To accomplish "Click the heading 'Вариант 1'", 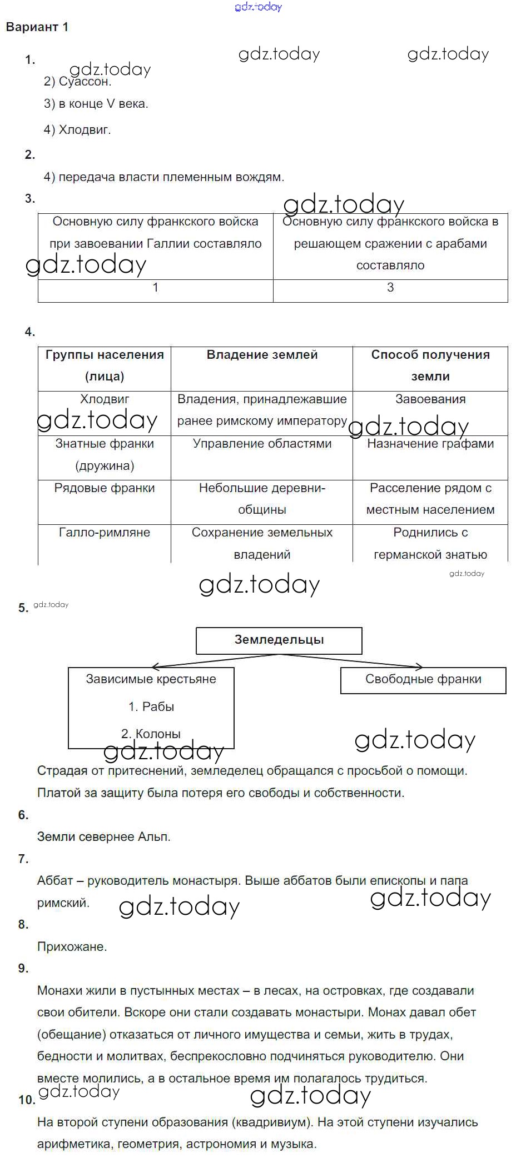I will [x=37, y=27].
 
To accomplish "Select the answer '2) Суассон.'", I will [x=78, y=82].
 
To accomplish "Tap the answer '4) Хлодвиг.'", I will [x=77, y=130].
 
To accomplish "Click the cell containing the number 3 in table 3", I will [x=390, y=288].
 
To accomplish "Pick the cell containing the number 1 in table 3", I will [x=155, y=288].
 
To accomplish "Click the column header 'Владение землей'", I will [x=262, y=355].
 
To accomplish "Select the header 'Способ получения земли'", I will [x=430, y=365].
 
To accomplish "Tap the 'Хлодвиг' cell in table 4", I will [x=105, y=399].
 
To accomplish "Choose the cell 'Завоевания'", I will [x=430, y=399].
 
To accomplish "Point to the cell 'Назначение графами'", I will [x=430, y=444].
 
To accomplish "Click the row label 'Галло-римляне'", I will [x=105, y=533].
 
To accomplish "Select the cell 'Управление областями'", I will [x=262, y=444].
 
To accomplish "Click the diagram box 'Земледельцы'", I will [x=279, y=640].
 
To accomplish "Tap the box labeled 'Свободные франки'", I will [x=423, y=679].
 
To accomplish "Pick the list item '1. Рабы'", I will [x=151, y=707].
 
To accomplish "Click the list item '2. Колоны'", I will [x=151, y=734].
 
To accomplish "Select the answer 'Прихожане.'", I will [x=72, y=947].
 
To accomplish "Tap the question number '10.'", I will [x=27, y=1100].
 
